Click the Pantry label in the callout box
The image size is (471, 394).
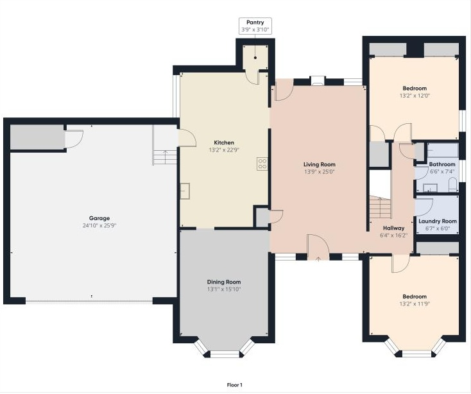pyautogui.click(x=255, y=22)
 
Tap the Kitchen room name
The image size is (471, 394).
pyautogui.click(x=224, y=142)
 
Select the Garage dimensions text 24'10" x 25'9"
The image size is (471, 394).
pyautogui.click(x=94, y=226)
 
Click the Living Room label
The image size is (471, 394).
pyautogui.click(x=319, y=164)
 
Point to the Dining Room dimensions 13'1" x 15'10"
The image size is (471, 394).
pyautogui.click(x=224, y=289)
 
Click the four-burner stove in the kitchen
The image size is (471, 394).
pyautogui.click(x=262, y=164)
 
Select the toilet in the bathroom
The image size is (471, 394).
pyautogui.click(x=452, y=187)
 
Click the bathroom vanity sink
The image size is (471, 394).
pyautogui.click(x=429, y=188)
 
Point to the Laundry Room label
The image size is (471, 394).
pyautogui.click(x=438, y=221)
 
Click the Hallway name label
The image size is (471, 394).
pyautogui.click(x=393, y=228)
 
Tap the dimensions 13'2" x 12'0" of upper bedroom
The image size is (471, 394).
pyautogui.click(x=415, y=96)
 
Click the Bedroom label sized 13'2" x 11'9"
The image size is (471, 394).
pyautogui.click(x=415, y=296)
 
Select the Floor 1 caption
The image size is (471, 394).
pyautogui.click(x=235, y=385)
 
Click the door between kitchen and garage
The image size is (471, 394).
pyautogui.click(x=186, y=137)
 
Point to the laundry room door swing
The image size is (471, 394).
pyautogui.click(x=425, y=207)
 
